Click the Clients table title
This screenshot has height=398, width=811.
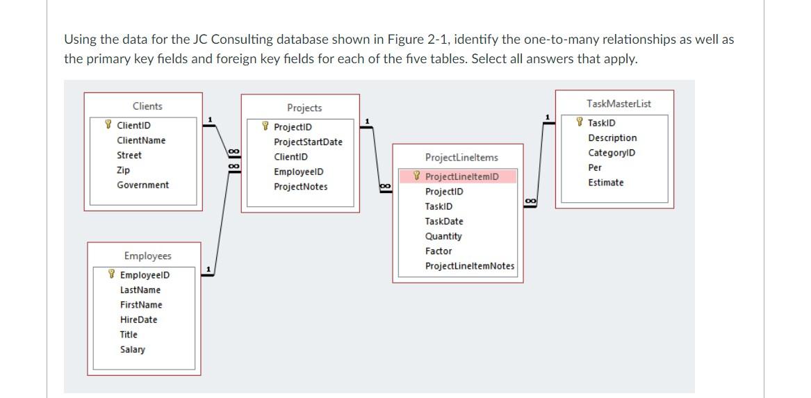[147, 106]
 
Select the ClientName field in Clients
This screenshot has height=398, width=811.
[141, 140]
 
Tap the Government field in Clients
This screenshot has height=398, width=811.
[142, 185]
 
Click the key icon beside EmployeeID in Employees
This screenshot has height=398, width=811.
[111, 275]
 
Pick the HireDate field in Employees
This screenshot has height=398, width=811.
[138, 320]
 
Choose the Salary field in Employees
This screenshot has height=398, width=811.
[132, 349]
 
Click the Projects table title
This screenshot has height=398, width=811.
[304, 108]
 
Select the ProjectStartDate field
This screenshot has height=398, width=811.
[308, 142]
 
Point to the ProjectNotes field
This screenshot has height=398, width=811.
[300, 187]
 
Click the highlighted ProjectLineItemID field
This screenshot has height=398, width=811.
[461, 177]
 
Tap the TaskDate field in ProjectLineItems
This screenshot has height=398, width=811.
[443, 222]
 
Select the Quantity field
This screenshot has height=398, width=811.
[443, 236]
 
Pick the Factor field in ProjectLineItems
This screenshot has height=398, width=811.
[438, 251]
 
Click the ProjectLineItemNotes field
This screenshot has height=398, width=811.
[469, 266]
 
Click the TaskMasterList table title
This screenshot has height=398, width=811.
[619, 104]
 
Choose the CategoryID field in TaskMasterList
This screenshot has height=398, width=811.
[612, 153]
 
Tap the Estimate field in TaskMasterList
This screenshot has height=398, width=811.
[605, 183]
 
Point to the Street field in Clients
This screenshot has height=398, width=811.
[129, 155]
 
